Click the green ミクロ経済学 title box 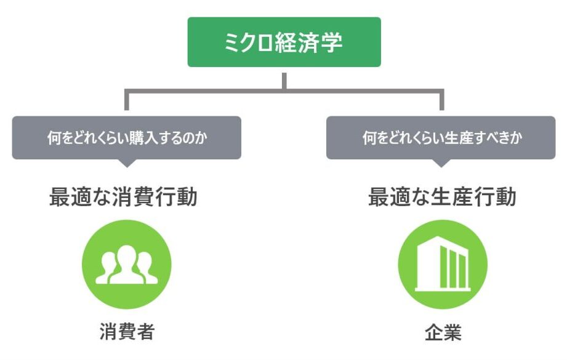[x=284, y=42]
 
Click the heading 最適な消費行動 [x=123, y=198]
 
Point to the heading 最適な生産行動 [x=442, y=198]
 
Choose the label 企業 [x=443, y=332]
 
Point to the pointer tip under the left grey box [x=126, y=164]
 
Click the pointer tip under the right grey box [x=441, y=164]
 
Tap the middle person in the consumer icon [x=126, y=262]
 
